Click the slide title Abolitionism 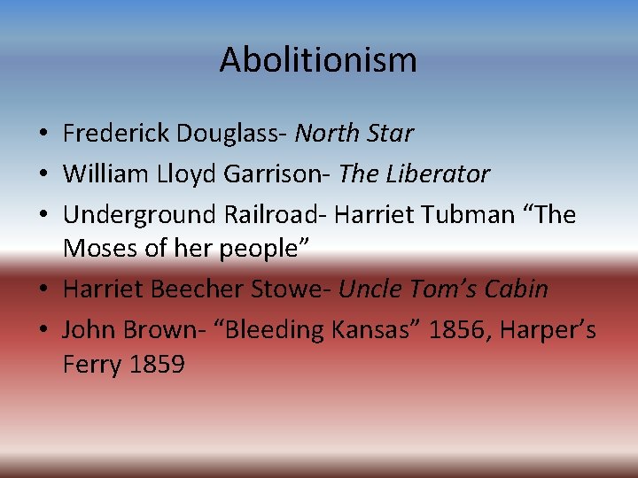pyautogui.click(x=318, y=60)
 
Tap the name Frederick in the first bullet pyautogui.click(x=116, y=134)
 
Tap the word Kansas pyautogui.click(x=372, y=330)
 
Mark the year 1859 pyautogui.click(x=156, y=364)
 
